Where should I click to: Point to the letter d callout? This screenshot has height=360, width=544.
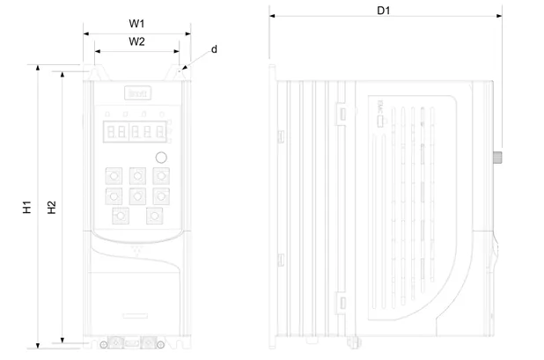coord(214,50)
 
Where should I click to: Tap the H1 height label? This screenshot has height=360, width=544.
coord(27,209)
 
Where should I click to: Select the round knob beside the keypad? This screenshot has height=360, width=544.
coord(161,158)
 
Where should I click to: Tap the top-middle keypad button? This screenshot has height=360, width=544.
coord(136,174)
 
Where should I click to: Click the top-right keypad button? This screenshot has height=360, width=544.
coord(159,174)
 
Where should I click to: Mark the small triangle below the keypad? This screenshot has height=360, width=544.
coord(136,249)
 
